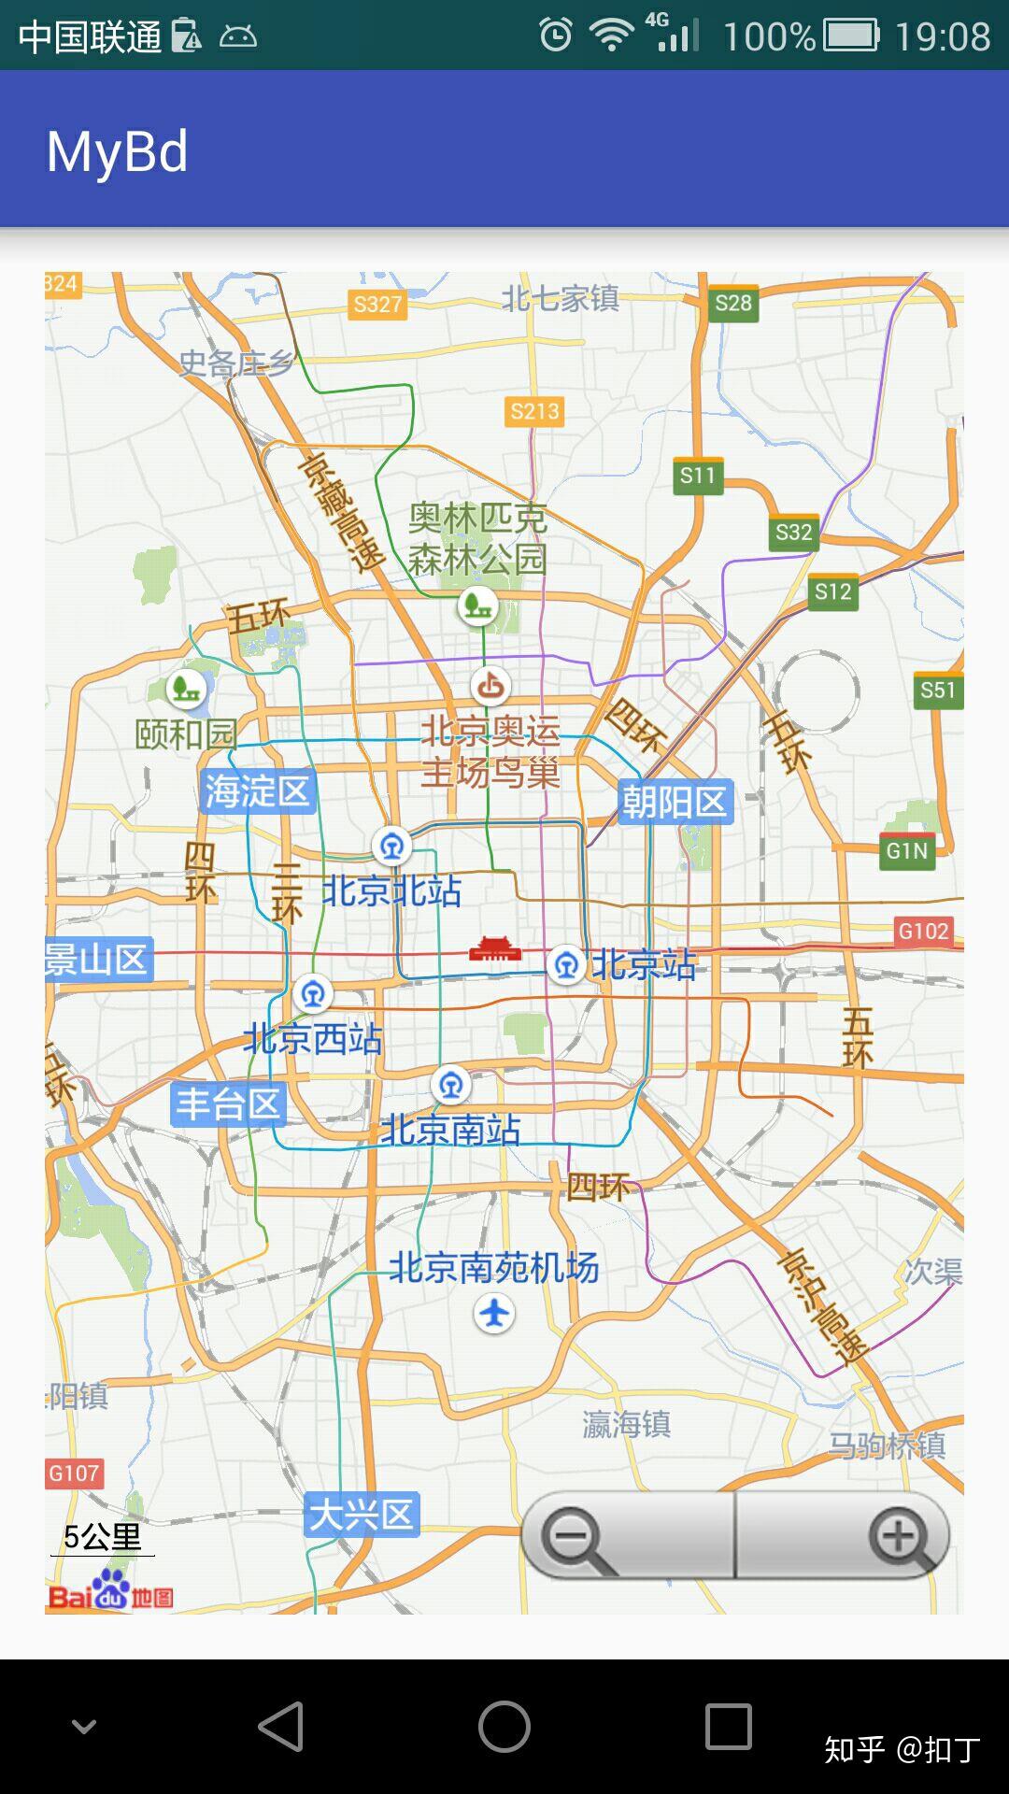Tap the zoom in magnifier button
click(x=899, y=1537)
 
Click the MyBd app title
click(x=118, y=151)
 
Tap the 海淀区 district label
click(x=257, y=791)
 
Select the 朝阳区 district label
click(x=675, y=802)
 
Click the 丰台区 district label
click(x=229, y=1104)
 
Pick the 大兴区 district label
click(x=362, y=1515)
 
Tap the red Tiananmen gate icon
click(x=494, y=949)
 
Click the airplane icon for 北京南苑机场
click(x=494, y=1314)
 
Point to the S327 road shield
click(x=377, y=304)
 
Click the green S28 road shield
click(x=733, y=303)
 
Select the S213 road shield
click(x=534, y=411)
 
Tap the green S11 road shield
click(x=697, y=476)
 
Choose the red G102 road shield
click(x=923, y=931)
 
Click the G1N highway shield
click(x=907, y=850)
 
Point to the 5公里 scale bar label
click(x=103, y=1536)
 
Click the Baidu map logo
click(x=110, y=1592)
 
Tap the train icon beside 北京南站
click(x=451, y=1086)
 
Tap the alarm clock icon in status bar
click(x=556, y=36)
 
